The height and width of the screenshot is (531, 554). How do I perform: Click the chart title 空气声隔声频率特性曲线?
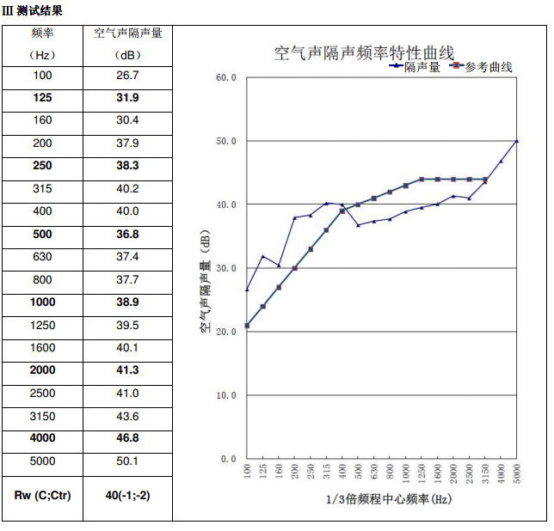364,53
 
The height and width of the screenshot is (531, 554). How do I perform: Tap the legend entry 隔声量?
422,67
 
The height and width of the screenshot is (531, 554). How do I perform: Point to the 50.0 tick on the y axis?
225,141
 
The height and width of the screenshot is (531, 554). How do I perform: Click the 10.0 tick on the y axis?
225,396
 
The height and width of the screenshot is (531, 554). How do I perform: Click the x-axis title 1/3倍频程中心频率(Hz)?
388,499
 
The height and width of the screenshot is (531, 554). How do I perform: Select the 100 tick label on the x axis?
248,473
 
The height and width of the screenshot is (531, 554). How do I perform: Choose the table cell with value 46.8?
127,438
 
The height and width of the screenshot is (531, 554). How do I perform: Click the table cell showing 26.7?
127,76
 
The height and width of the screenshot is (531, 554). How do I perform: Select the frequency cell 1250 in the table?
42,325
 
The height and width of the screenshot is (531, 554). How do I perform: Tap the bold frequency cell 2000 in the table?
42,370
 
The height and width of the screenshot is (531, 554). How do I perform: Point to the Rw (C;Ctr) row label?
42,497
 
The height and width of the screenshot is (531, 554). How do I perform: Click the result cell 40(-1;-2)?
127,497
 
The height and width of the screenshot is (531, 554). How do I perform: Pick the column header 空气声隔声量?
127,34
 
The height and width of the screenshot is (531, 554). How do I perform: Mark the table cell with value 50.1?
127,461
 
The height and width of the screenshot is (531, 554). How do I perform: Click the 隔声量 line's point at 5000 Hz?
517,140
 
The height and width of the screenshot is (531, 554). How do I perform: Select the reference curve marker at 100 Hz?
247,326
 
